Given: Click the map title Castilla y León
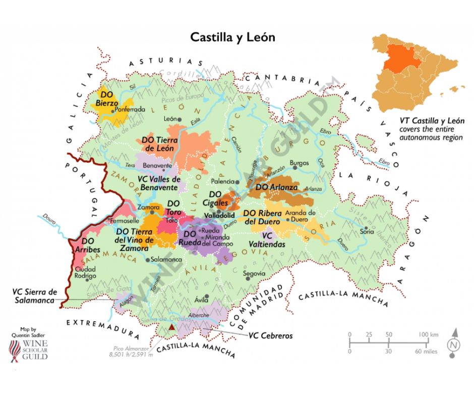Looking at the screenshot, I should point(232,37).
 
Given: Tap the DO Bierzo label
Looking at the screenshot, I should point(106,99).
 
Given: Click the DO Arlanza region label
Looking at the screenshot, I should point(275,187).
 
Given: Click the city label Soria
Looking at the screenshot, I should point(367,232).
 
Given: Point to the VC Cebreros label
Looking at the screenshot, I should point(272,335).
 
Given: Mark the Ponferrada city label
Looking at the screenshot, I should point(130,109).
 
